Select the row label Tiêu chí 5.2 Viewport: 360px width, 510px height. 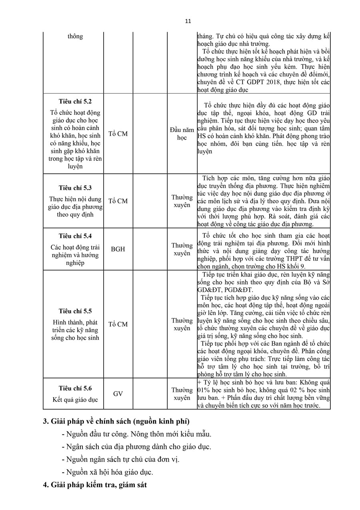75,102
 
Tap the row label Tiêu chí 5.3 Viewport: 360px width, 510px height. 75,188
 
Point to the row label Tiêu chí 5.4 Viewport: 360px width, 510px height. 75,236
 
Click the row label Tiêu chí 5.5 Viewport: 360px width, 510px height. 75,311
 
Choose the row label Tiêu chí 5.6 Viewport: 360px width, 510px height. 75,388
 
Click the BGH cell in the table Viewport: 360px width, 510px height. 118,249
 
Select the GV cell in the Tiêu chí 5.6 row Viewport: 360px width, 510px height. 118,394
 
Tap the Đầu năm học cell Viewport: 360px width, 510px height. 182,134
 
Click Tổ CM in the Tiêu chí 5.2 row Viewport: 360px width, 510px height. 118,134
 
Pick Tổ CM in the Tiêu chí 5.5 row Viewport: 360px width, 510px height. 118,324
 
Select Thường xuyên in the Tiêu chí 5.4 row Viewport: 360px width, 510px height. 182,249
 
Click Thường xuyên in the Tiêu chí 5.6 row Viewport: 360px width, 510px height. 182,394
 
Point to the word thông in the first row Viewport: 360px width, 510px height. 75,36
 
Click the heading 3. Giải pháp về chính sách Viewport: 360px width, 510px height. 116,421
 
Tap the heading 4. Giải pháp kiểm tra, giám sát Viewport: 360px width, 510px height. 95,485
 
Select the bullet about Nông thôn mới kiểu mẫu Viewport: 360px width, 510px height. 136,434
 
